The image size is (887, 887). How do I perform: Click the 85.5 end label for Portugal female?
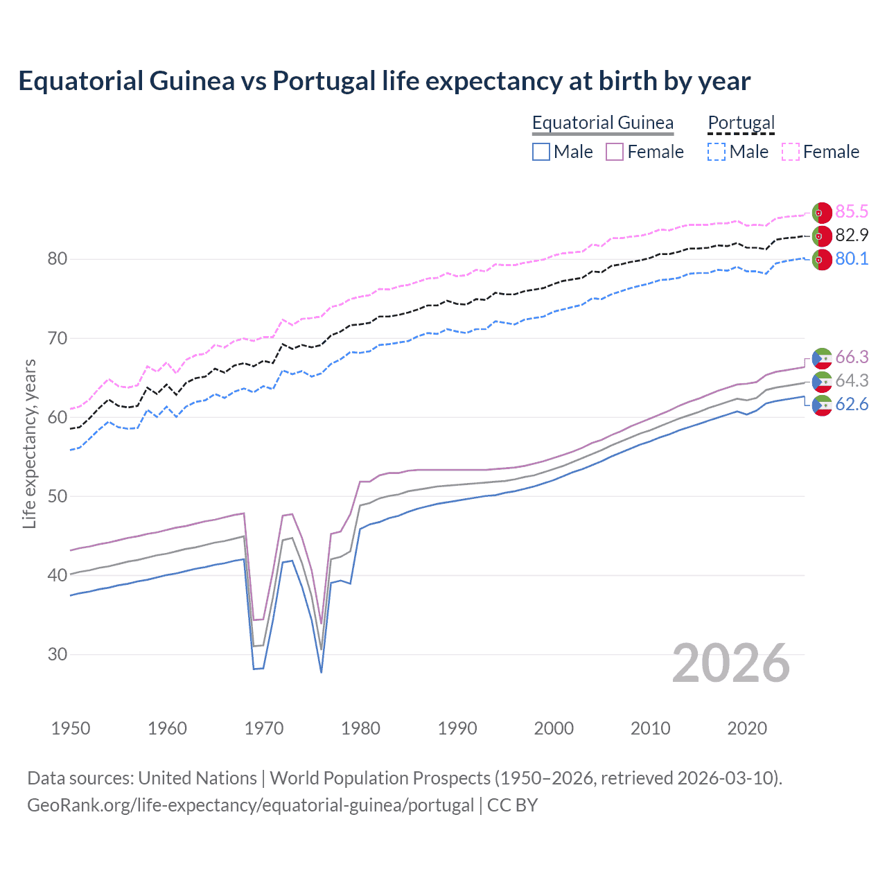pos(852,211)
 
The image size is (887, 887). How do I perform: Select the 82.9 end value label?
pos(852,235)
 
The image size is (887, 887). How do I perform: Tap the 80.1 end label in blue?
pos(852,258)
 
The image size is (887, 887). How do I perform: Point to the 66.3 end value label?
pos(852,357)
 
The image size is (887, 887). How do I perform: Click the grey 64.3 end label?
pos(852,380)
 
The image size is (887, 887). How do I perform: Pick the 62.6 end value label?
pos(852,404)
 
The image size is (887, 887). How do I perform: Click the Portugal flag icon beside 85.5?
pos(822,212)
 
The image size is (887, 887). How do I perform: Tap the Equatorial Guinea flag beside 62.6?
pos(822,405)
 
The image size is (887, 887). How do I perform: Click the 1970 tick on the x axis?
pos(264,728)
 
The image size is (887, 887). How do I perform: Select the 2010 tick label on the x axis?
pos(650,728)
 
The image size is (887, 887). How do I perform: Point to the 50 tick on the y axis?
pos(58,496)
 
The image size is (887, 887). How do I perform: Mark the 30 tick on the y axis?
pos(58,654)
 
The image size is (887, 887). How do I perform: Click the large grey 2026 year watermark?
pos(731,663)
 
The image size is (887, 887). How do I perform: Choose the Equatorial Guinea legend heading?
pos(602,123)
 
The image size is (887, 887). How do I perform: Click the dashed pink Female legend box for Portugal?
pos(791,152)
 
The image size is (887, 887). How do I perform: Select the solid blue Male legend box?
pos(541,152)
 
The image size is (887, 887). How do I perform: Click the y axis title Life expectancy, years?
pos(29,443)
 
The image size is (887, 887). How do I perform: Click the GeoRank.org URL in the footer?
pos(250,805)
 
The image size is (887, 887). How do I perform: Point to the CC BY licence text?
pos(512,805)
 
